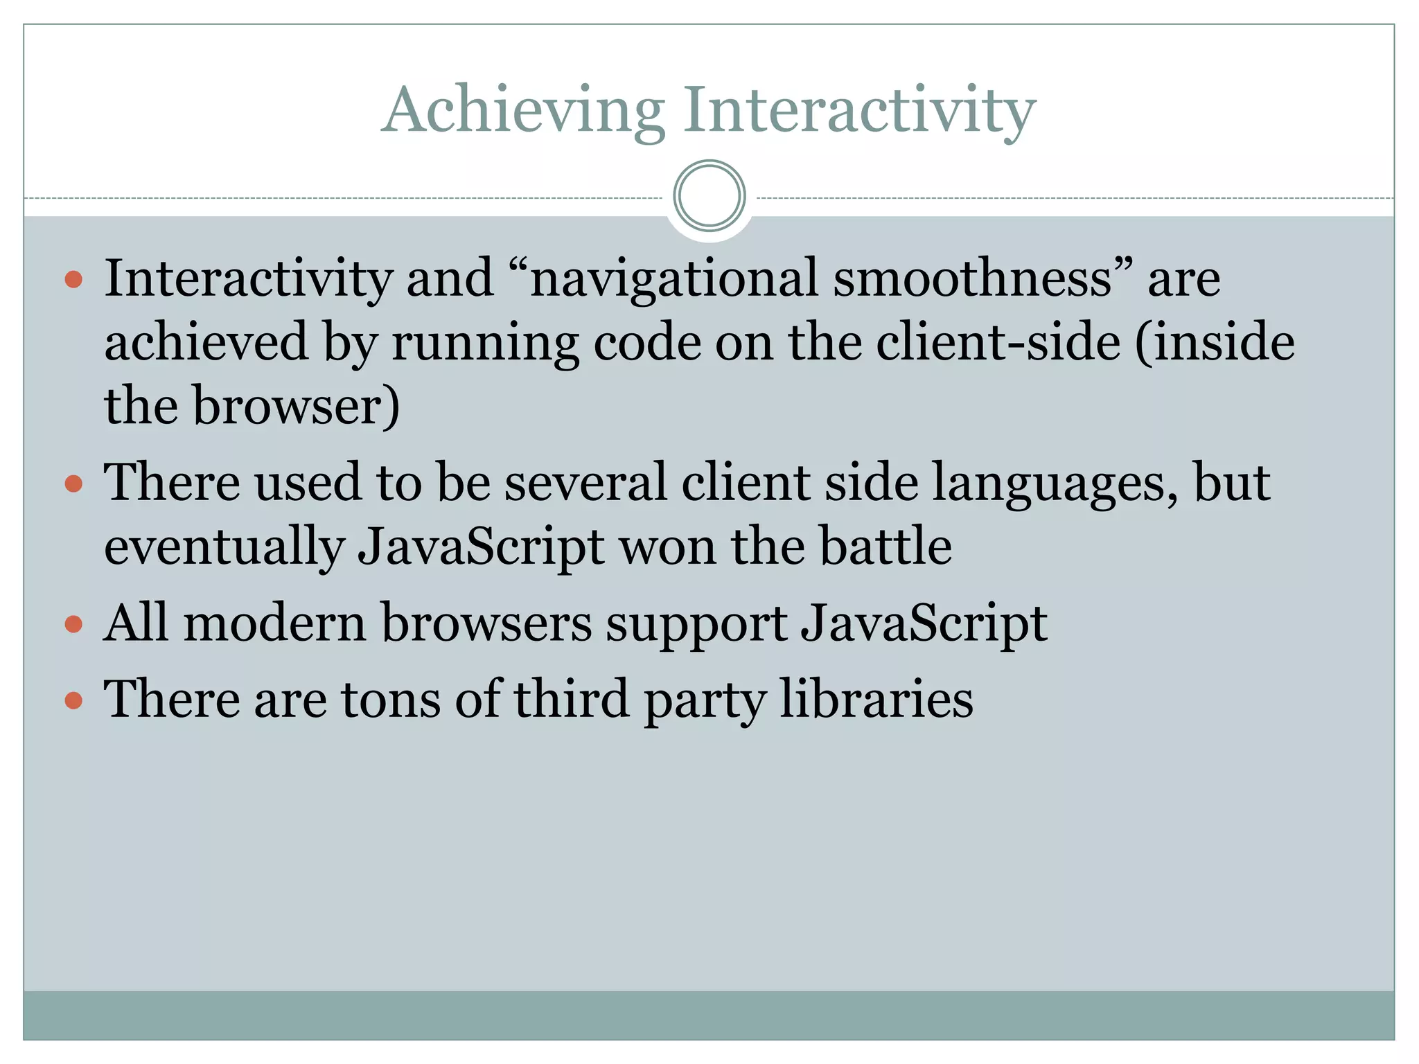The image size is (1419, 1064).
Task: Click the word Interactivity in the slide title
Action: (859, 111)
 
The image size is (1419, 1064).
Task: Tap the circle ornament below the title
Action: (709, 196)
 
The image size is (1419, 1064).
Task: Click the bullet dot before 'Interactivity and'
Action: (73, 280)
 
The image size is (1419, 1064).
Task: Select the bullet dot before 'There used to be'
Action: (73, 483)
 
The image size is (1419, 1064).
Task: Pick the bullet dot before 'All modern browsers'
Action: (73, 624)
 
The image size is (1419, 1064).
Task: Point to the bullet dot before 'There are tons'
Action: (73, 700)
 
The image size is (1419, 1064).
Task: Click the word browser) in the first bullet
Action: (296, 406)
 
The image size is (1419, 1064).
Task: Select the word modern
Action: (274, 623)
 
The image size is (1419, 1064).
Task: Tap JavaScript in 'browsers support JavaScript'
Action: (924, 624)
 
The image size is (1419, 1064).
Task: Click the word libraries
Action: (876, 699)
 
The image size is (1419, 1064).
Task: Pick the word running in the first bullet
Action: (485, 343)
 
